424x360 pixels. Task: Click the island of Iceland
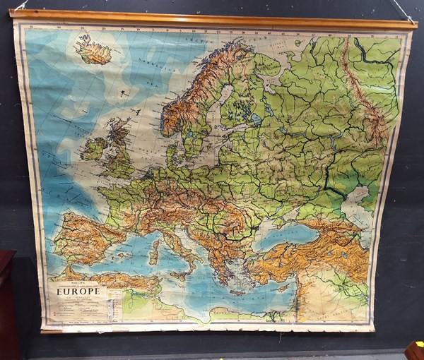pos(93,51)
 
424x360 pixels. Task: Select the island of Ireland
pos(93,149)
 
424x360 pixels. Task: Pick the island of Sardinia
pos(154,253)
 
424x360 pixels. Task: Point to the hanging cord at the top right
pos(404,11)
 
